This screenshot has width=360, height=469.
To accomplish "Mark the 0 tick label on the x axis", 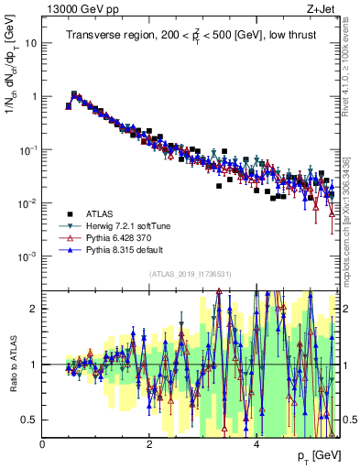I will pyautogui.click(x=43, y=445).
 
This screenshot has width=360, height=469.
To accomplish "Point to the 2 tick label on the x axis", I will pyautogui.click(x=149, y=445).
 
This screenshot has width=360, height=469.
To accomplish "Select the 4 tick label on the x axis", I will pyautogui.click(x=256, y=445).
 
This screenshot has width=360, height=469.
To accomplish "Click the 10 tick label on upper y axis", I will pyautogui.click(x=30, y=43).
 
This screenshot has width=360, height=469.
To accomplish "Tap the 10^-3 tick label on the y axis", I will pyautogui.click(x=27, y=256).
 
